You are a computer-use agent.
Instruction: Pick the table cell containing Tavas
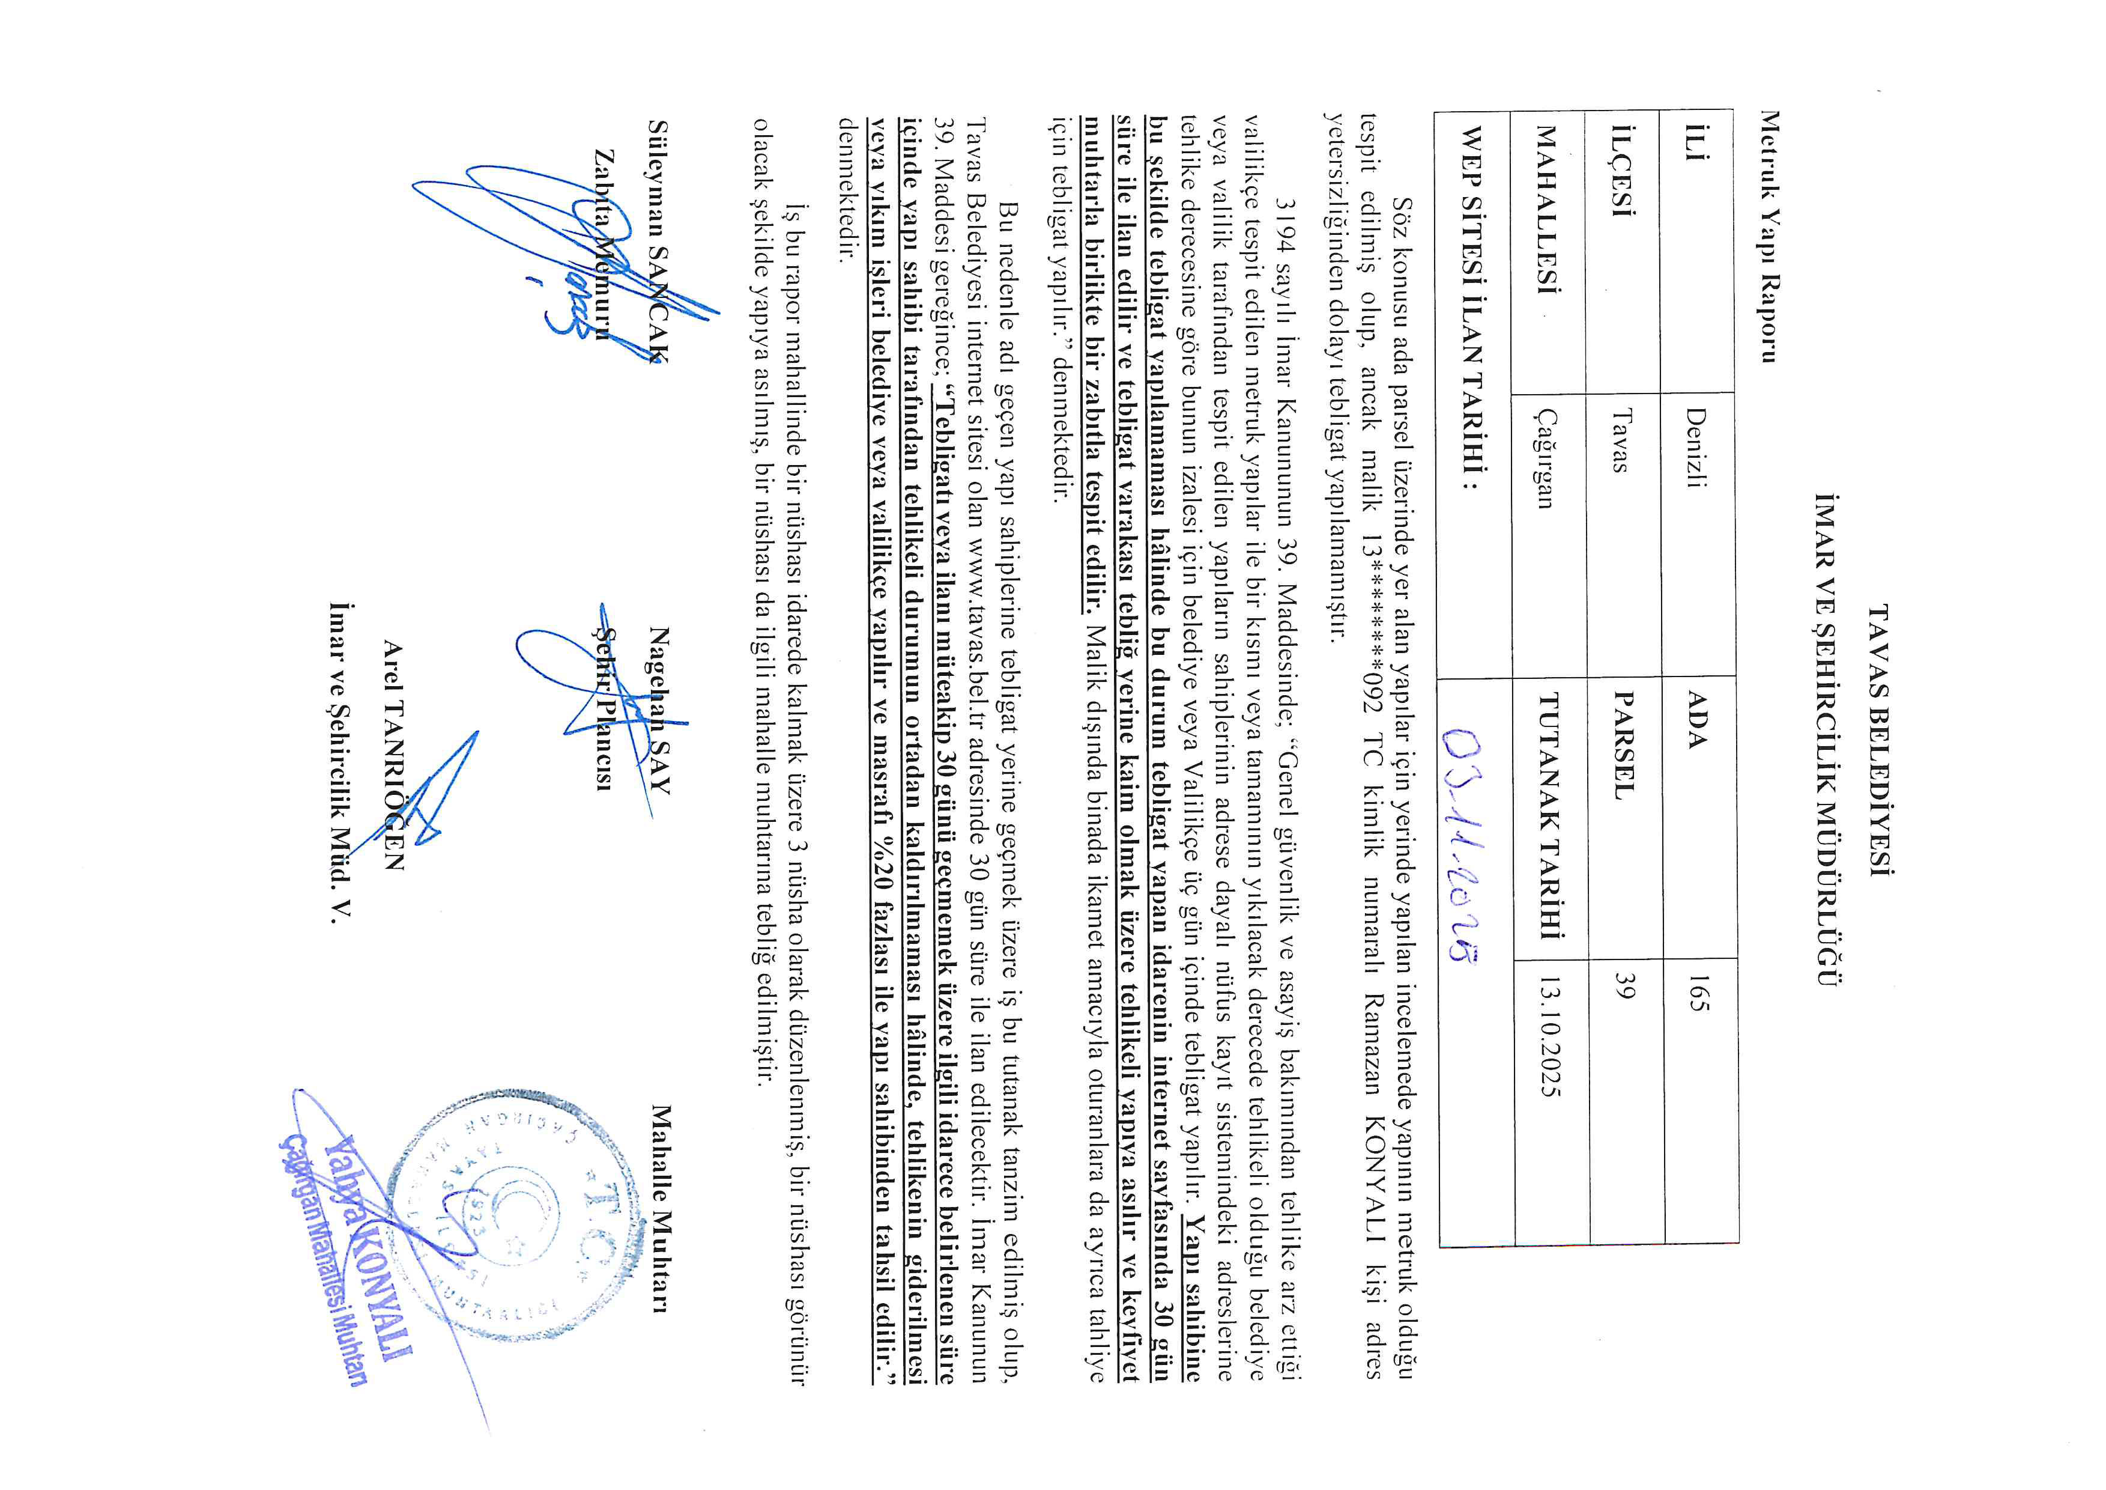(1624, 440)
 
